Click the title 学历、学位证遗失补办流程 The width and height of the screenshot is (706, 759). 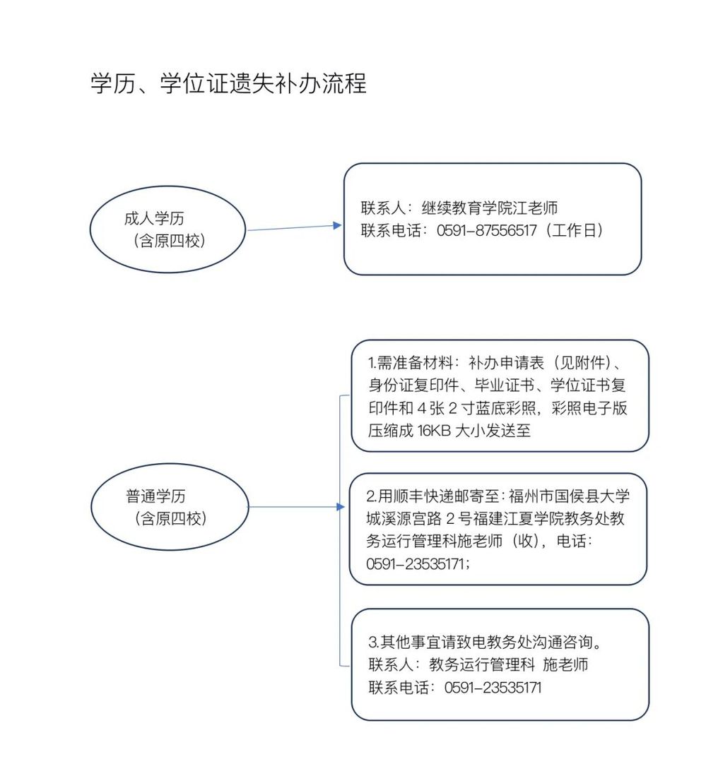pyautogui.click(x=228, y=83)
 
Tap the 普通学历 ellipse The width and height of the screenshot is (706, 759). pyautogui.click(x=170, y=464)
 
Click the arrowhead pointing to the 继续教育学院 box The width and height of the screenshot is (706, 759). pyautogui.click(x=338, y=225)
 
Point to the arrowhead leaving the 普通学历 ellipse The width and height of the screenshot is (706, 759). pyautogui.click(x=341, y=507)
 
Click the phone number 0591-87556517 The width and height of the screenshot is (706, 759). pyautogui.click(x=486, y=230)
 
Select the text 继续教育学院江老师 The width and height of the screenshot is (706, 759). pyautogui.click(x=490, y=208)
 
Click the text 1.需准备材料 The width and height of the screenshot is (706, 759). pyautogui.click(x=409, y=363)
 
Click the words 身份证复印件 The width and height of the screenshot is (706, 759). pyautogui.click(x=413, y=386)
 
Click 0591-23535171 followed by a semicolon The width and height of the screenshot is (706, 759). pyautogui.click(x=418, y=564)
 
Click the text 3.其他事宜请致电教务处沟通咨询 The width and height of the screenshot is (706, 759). pyautogui.click(x=486, y=643)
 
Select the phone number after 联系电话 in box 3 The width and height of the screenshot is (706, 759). pyautogui.click(x=493, y=688)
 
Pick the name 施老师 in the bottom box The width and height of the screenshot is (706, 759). pyautogui.click(x=565, y=664)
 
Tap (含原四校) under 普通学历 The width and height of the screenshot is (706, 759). pyautogui.click(x=170, y=518)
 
